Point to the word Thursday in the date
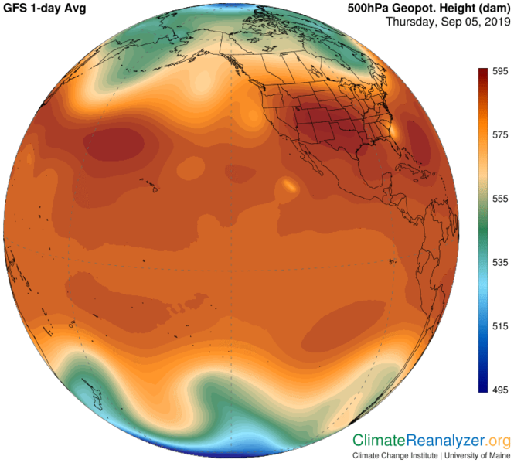coord(412,22)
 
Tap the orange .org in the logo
coord(499,441)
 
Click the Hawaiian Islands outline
coord(147,184)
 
